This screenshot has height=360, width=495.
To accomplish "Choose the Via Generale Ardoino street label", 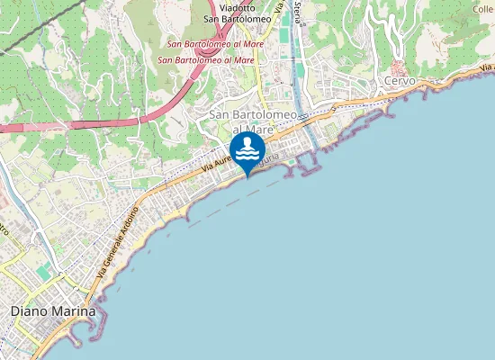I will [115, 241].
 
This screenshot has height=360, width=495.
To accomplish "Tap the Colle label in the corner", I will [482, 9].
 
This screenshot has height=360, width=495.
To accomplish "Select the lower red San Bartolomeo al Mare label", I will [206, 59].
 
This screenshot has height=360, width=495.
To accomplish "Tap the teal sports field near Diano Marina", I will [44, 271].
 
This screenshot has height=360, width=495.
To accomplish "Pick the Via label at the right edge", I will [486, 67].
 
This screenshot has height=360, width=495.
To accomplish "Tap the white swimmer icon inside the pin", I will [247, 148].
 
